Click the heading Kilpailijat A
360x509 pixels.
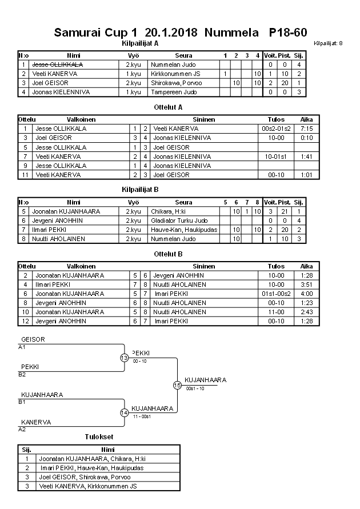[140, 43]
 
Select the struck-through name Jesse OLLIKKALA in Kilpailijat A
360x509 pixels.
[58, 65]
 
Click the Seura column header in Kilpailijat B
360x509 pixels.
[183, 202]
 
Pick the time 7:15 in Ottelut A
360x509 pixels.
[306, 129]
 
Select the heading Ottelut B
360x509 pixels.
[168, 254]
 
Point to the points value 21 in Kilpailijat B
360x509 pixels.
[284, 211]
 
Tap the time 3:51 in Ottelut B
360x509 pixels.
[306, 284]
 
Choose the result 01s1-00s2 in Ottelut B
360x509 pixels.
[276, 294]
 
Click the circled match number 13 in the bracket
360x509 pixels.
[124, 358]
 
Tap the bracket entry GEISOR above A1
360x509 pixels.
[33, 339]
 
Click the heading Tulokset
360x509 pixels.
[97, 437]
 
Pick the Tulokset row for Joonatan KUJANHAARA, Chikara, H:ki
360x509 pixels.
[92, 459]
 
